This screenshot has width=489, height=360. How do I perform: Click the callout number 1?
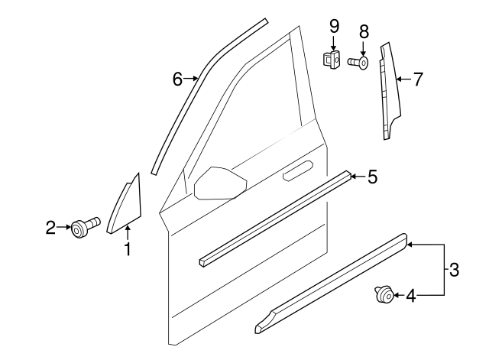tap(128, 248)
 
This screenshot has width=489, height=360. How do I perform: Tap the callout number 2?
tap(50, 227)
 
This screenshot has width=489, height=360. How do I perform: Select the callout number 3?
tap(454, 269)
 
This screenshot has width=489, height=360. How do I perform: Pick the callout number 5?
tap(372, 177)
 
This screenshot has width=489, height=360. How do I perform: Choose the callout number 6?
tap(177, 78)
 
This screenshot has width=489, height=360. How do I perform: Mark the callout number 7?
tap(417, 78)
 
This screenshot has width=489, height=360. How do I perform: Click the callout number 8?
tap(364, 31)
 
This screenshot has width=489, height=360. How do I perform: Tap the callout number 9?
tap(334, 26)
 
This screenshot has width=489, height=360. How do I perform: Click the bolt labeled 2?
tap(81, 227)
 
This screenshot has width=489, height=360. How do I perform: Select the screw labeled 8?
tap(358, 61)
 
